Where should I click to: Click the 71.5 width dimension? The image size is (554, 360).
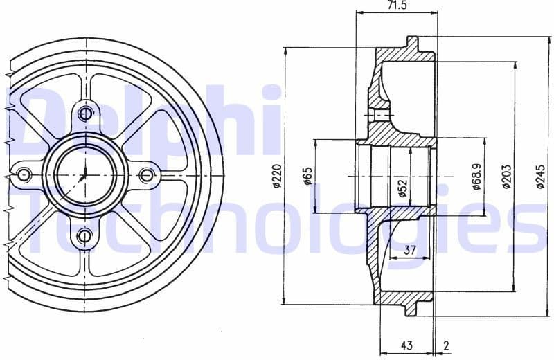[396, 6]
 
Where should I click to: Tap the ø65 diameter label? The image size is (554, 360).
[307, 177]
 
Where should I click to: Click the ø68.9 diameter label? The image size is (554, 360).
[476, 177]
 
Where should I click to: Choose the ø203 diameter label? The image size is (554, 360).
[506, 177]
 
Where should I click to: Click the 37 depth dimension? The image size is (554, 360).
[409, 251]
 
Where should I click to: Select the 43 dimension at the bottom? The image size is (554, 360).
[406, 345]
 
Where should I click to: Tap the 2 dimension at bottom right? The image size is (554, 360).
[446, 345]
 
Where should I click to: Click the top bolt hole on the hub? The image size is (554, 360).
[85, 114]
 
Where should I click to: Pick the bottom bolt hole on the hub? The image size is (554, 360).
[84, 236]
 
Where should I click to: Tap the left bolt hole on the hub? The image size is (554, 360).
[24, 175]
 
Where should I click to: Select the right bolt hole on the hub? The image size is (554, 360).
[145, 175]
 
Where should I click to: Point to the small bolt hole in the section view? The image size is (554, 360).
[379, 114]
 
